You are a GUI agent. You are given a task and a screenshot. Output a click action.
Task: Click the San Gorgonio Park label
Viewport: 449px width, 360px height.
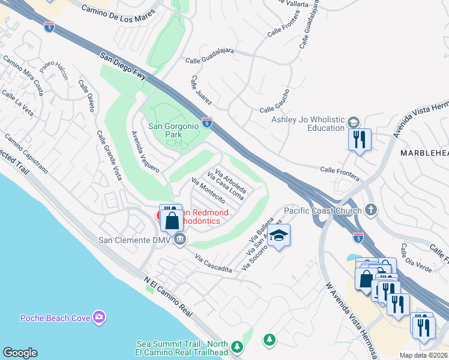[x=173, y=130]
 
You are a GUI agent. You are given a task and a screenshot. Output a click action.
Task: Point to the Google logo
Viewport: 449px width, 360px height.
[x=20, y=353]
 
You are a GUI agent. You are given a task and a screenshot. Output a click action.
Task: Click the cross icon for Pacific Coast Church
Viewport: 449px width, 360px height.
[x=371, y=210]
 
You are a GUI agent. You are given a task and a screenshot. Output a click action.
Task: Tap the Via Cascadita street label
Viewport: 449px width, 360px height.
[x=213, y=264]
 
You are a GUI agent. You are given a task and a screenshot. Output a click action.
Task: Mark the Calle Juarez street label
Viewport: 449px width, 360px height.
[x=202, y=93]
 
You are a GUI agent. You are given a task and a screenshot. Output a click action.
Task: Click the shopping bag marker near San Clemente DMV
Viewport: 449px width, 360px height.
[x=172, y=220]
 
